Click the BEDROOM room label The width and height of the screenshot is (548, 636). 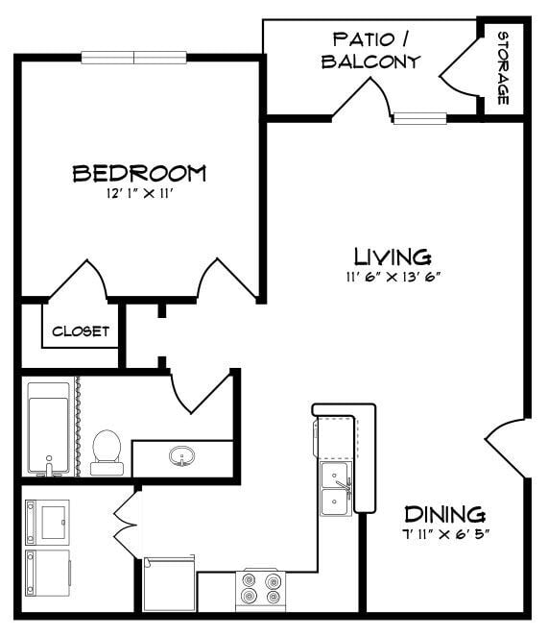click(x=139, y=174)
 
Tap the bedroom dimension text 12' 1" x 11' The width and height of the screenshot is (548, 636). click(x=140, y=194)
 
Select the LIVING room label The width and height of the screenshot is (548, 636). click(x=393, y=257)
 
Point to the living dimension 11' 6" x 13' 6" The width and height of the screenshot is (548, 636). click(x=393, y=277)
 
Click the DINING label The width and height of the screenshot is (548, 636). click(x=444, y=514)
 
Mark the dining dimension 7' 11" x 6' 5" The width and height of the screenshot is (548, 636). click(x=444, y=534)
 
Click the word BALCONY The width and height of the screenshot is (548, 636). click(x=370, y=61)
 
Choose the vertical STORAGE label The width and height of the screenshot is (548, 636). click(x=503, y=68)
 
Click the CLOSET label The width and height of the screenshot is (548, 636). click(x=81, y=331)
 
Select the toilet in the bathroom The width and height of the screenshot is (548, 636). click(x=107, y=453)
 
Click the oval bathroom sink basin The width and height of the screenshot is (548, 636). click(x=182, y=456)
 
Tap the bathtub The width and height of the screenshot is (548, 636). click(x=49, y=428)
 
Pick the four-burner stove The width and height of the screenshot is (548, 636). click(x=261, y=590)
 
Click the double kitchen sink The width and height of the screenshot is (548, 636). click(x=335, y=489)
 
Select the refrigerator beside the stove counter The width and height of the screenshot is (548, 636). click(x=170, y=584)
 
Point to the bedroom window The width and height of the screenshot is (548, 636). click(x=133, y=58)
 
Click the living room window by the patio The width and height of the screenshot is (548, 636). click(x=420, y=118)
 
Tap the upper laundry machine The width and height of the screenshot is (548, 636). click(x=47, y=523)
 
